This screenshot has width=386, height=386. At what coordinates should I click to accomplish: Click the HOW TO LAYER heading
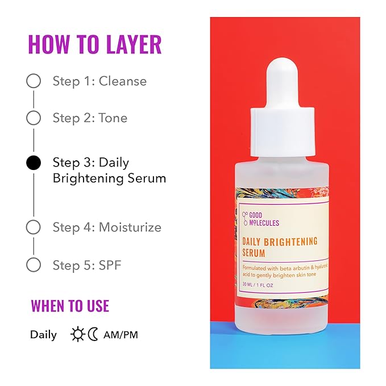[x=94, y=45]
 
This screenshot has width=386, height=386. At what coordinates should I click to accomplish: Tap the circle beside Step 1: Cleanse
[x=34, y=81]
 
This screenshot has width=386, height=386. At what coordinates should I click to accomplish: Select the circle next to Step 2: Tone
[x=34, y=118]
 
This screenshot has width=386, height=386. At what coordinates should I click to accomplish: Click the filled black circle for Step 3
[x=34, y=163]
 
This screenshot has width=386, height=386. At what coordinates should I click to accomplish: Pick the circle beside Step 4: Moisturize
[x=34, y=227]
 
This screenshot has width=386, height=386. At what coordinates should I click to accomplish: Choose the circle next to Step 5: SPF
[x=34, y=264]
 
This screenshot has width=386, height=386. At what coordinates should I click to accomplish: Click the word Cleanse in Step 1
[x=122, y=81]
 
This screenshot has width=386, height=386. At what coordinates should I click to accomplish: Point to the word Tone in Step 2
[x=113, y=118]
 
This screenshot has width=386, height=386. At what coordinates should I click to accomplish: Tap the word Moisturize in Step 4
[x=130, y=227]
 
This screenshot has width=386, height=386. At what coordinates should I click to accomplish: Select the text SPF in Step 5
[x=110, y=264]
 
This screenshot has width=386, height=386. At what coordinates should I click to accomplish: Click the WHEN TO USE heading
[x=70, y=306]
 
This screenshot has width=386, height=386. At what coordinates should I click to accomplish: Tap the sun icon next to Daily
[x=77, y=334]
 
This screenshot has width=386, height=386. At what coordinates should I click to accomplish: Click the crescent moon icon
[x=93, y=334]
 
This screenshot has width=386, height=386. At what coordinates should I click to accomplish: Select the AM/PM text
[x=121, y=334]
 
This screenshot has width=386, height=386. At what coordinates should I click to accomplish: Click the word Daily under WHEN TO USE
[x=44, y=334]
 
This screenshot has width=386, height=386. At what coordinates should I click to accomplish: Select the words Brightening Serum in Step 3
[x=109, y=178]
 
